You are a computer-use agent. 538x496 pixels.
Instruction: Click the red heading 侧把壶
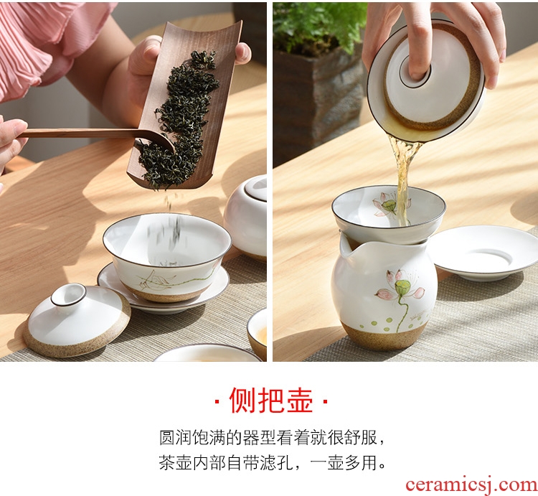click(x=271, y=401)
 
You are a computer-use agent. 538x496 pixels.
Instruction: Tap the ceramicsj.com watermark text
click(x=471, y=485)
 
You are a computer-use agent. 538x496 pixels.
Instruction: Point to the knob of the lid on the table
click(x=69, y=295)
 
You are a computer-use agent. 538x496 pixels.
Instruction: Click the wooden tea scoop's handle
click(x=79, y=134)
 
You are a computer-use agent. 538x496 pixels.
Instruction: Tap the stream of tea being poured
click(x=404, y=179)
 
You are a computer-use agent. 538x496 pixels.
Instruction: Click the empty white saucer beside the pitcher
click(x=484, y=253)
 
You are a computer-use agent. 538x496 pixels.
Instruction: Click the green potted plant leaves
click(x=319, y=26)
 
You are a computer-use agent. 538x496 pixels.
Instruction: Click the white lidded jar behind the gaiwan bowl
click(x=246, y=216)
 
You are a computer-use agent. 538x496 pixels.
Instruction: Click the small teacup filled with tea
click(x=258, y=333)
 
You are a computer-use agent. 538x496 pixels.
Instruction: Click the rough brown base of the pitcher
click(x=384, y=336)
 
